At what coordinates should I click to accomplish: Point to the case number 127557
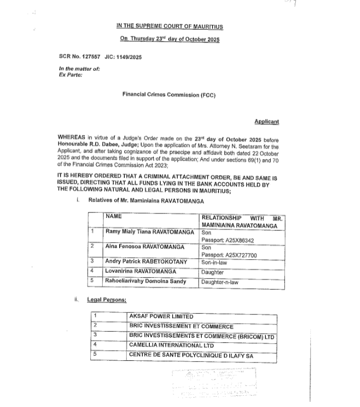[x=94, y=58]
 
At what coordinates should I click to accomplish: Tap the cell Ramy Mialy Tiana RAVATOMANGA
[x=149, y=232]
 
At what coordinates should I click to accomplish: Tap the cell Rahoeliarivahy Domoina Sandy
[x=146, y=282]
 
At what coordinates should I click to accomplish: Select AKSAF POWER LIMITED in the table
[x=161, y=317]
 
